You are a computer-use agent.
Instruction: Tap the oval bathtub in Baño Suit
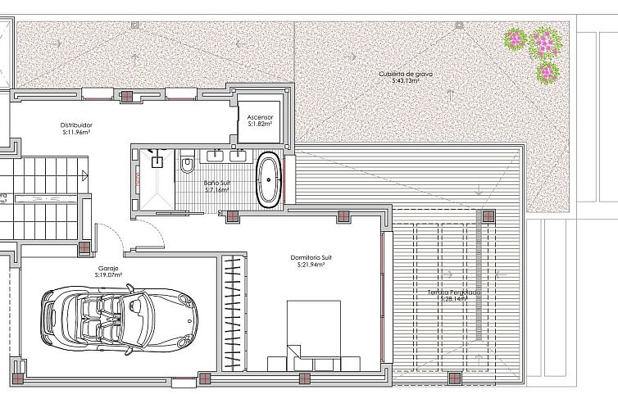tap(269, 180)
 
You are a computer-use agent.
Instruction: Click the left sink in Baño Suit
tap(218, 154)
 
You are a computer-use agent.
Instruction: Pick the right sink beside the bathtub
tap(240, 154)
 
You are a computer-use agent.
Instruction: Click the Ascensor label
tap(260, 117)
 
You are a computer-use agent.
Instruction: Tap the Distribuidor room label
tap(75, 125)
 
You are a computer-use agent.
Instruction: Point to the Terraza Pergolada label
tap(453, 292)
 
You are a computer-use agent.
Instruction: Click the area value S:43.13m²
tap(405, 81)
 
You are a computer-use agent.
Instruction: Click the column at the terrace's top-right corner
tap(488, 217)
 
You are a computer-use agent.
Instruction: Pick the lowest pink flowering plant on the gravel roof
tap(547, 73)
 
